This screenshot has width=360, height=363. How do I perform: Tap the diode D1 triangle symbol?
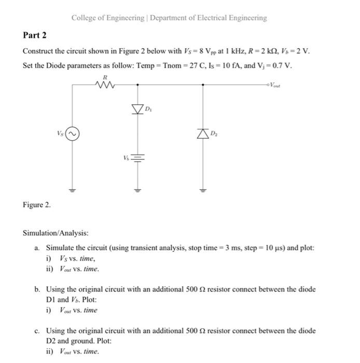coord(138,109)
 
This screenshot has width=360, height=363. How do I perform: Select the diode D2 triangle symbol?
coord(203,135)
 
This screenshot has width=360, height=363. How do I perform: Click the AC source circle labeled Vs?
coord(73,134)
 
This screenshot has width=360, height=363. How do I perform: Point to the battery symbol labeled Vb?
coord(138,156)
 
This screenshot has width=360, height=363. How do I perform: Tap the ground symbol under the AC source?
coord(73,189)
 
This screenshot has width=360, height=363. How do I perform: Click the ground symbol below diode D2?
coord(203,189)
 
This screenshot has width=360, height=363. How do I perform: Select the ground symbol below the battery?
coord(138,189)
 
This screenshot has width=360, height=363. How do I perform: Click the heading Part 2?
coord(35,35)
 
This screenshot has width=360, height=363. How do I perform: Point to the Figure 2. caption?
coord(36,205)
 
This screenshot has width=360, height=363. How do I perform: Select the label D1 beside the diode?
coord(149,109)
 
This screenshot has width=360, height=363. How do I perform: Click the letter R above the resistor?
coord(106,76)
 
